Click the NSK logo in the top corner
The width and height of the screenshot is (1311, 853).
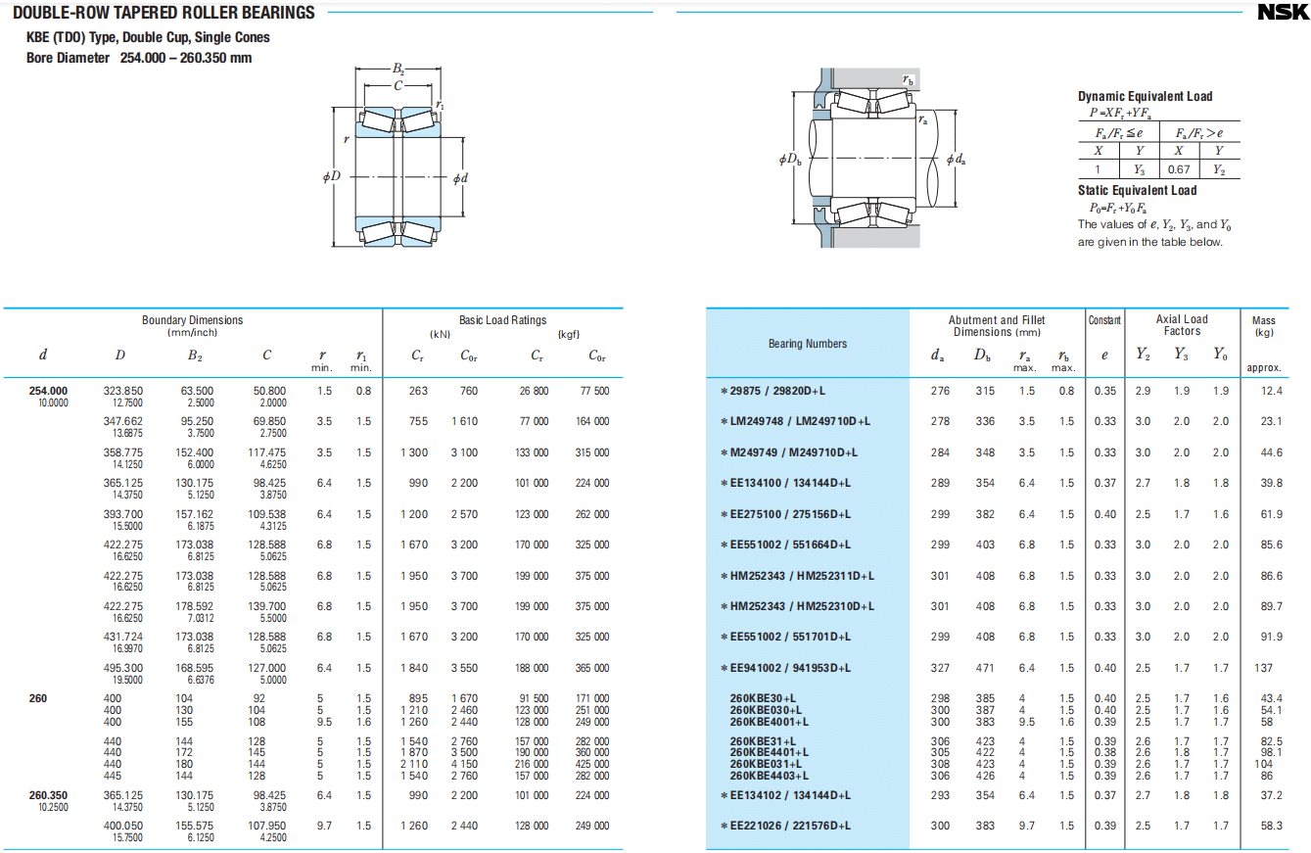point(1281,13)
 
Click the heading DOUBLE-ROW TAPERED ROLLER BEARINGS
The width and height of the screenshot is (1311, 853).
point(164,13)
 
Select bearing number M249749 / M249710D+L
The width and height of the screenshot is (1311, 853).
point(793,452)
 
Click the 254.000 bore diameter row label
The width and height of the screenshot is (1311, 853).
point(48,391)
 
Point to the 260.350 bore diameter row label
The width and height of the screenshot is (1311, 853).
point(48,795)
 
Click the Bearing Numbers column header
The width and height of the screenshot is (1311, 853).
point(808,344)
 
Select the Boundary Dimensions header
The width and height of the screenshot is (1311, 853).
point(192,320)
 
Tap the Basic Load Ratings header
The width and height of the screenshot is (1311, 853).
point(502,320)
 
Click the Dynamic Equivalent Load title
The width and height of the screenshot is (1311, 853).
point(1145,96)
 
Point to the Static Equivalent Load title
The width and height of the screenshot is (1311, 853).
point(1137,190)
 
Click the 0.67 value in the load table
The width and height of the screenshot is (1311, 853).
point(1179,169)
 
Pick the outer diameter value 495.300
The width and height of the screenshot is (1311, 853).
point(122,668)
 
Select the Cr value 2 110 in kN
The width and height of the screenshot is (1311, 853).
point(414,763)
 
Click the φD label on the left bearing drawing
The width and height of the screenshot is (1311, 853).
point(331,177)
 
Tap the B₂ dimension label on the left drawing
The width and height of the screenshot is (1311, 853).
point(398,69)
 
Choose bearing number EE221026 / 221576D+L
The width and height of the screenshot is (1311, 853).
point(790,826)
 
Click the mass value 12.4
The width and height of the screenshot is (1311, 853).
point(1272,391)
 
